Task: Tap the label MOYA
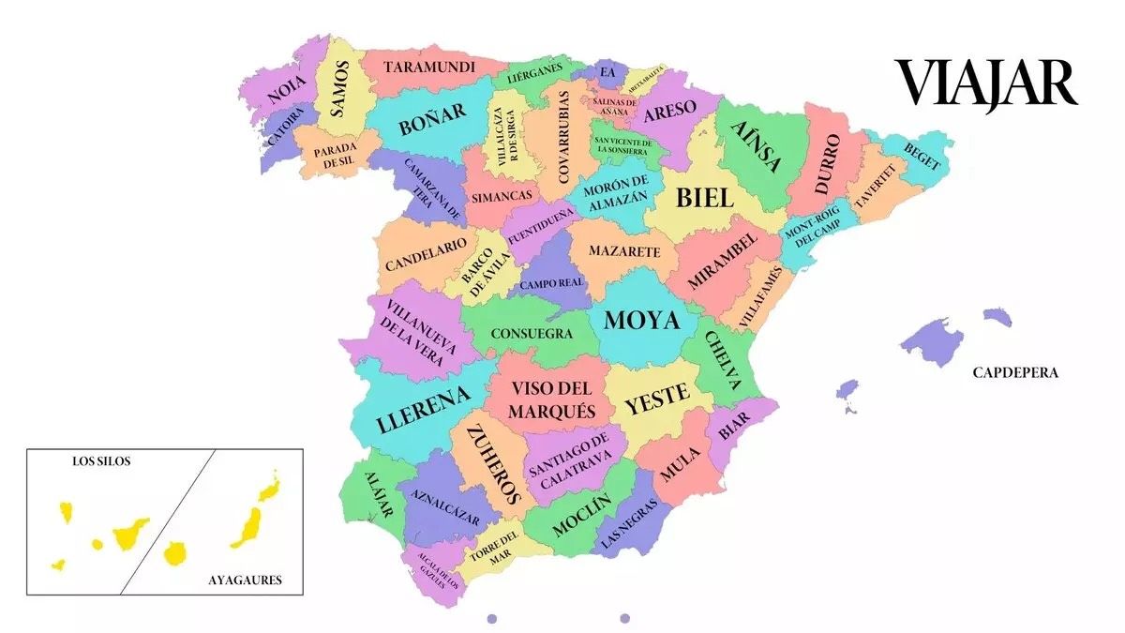tap(641, 321)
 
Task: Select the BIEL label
tap(704, 197)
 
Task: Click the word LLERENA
tap(423, 411)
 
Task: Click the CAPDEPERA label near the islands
tap(1015, 372)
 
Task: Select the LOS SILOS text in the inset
tap(103, 461)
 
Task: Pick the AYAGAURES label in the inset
tap(245, 580)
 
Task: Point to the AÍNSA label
tap(756, 148)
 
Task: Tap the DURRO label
tap(827, 164)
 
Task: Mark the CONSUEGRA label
tap(532, 333)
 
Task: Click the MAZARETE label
tap(624, 252)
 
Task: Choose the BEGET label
tap(922, 155)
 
